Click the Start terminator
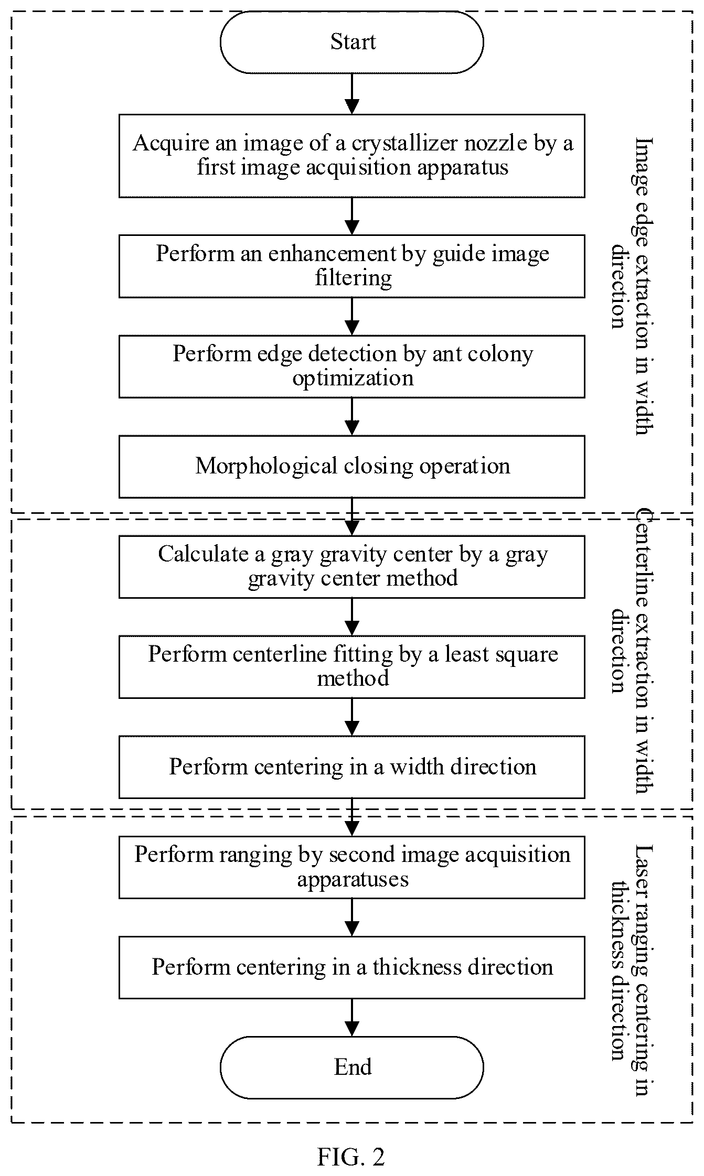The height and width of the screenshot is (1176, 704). click(351, 42)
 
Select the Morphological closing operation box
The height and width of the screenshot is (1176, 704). click(351, 466)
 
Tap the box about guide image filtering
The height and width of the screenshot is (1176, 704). click(351, 266)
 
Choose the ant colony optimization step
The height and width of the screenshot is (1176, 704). click(351, 366)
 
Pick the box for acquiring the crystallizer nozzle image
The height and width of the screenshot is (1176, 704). click(351, 156)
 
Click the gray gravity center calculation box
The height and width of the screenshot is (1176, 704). click(351, 566)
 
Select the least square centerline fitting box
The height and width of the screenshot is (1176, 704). click(351, 666)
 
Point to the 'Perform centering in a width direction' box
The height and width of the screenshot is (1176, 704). click(351, 767)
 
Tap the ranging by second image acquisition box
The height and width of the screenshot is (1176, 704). click(351, 867)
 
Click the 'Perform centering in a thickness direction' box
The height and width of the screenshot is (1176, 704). click(351, 967)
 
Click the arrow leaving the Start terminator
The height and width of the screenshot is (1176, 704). click(352, 94)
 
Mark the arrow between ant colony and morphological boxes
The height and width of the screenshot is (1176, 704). click(352, 417)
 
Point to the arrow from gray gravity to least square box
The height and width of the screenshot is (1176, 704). click(352, 617)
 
